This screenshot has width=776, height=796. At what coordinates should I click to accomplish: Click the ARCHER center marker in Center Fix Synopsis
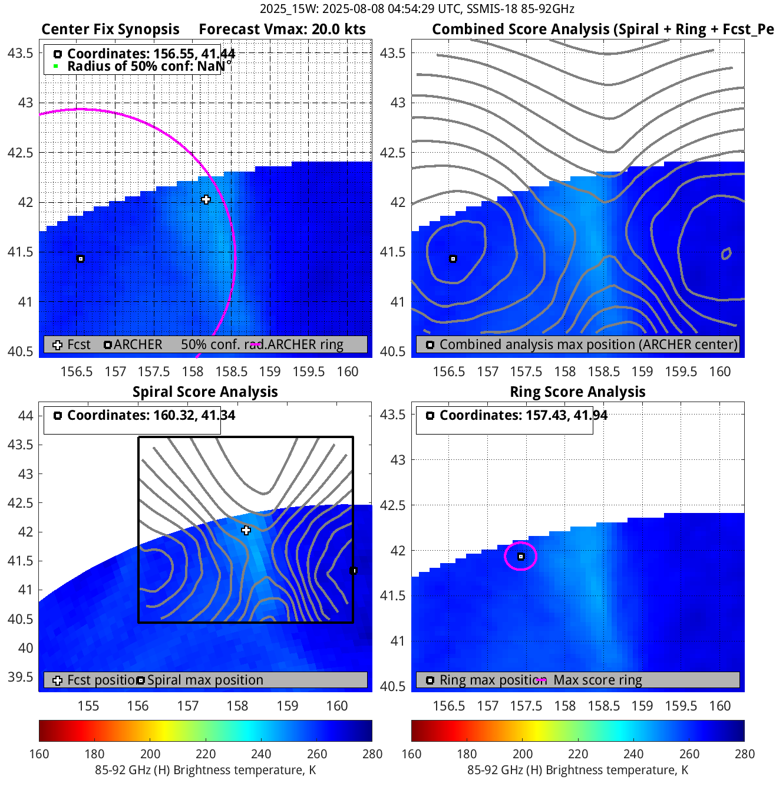pyautogui.click(x=81, y=259)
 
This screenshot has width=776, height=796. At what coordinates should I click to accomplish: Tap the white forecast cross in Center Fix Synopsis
pyautogui.click(x=206, y=200)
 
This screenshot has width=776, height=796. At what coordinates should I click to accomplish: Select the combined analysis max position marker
pyautogui.click(x=453, y=259)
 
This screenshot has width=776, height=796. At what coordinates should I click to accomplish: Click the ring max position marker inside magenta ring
pyautogui.click(x=521, y=557)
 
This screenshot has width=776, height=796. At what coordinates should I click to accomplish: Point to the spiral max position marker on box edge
pyautogui.click(x=354, y=571)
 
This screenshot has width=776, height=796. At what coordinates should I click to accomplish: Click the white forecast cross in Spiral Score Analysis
pyautogui.click(x=246, y=531)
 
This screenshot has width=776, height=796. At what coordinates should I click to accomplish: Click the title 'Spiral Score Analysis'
pyautogui.click(x=205, y=392)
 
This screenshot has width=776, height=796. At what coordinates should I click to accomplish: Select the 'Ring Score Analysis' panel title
pyautogui.click(x=577, y=392)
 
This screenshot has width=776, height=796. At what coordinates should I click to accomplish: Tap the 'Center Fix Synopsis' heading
pyautogui.click(x=110, y=29)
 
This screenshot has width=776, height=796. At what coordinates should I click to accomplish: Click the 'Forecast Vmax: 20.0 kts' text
pyautogui.click(x=282, y=29)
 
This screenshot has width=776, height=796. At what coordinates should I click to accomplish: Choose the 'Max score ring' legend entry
pyautogui.click(x=597, y=680)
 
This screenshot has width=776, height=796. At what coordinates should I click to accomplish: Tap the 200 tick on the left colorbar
pyautogui.click(x=150, y=754)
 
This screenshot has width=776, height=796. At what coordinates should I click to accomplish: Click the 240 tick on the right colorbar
pyautogui.click(x=633, y=754)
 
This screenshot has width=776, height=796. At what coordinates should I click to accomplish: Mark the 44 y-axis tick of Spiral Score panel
pyautogui.click(x=25, y=416)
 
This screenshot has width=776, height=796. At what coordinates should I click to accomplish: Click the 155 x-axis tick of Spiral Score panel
pyautogui.click(x=88, y=706)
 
